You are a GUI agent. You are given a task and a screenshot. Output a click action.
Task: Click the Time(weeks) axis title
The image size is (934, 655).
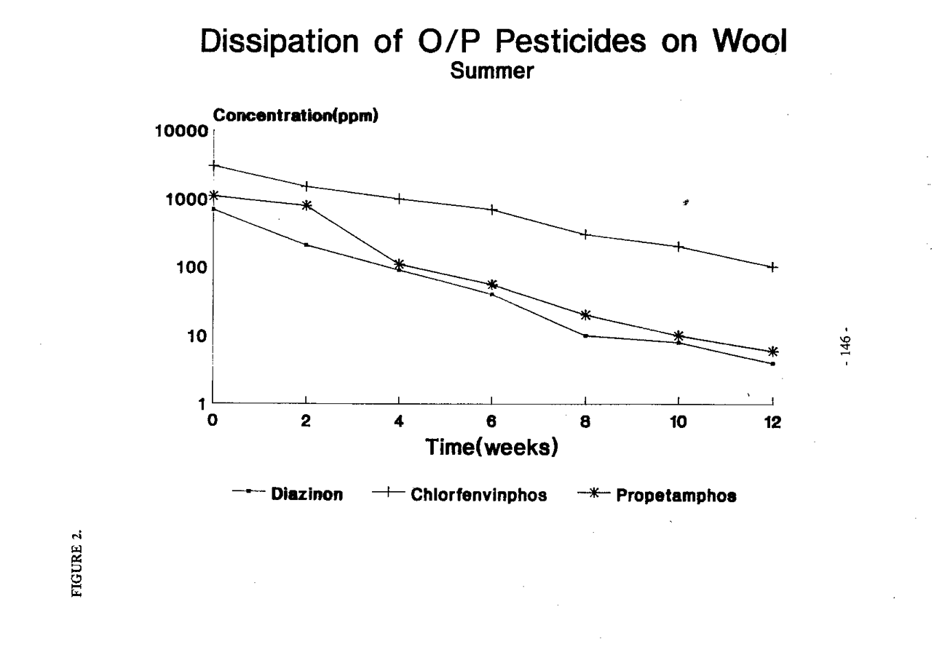tap(492, 446)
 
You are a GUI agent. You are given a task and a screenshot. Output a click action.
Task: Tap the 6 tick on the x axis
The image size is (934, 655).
tap(492, 421)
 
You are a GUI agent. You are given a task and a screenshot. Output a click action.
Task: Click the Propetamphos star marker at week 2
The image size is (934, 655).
tap(306, 205)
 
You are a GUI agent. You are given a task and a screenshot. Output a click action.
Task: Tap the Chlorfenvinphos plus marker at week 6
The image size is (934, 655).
tap(493, 210)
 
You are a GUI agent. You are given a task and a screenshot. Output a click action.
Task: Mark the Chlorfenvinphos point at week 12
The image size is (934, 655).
tap(772, 267)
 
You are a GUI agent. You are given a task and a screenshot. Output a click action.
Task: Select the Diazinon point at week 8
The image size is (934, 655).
tap(585, 336)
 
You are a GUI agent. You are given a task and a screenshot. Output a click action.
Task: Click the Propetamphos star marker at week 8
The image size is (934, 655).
tap(585, 315)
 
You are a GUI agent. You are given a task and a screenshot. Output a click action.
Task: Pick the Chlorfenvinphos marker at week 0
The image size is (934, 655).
tap(213, 165)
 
